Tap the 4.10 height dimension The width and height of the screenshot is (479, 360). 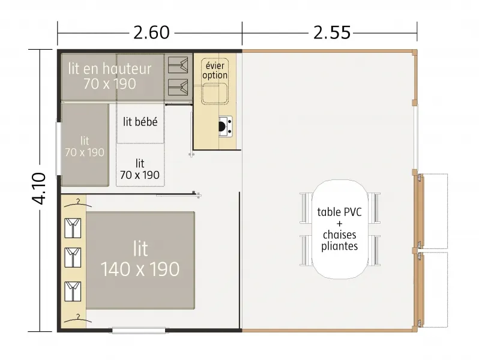pyautogui.click(x=37, y=188)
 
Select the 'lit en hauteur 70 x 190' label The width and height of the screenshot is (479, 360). pyautogui.click(x=109, y=76)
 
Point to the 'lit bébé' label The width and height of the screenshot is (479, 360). pyautogui.click(x=140, y=122)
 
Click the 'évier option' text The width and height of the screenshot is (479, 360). pyautogui.click(x=215, y=71)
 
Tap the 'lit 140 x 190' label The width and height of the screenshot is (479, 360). pyautogui.click(x=140, y=259)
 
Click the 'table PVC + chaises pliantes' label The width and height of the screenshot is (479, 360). pyautogui.click(x=340, y=229)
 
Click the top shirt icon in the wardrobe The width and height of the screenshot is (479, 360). pyautogui.click(x=72, y=227)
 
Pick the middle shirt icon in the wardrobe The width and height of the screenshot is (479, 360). pyautogui.click(x=72, y=257)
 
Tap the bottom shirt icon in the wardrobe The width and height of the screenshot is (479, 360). pyautogui.click(x=72, y=290)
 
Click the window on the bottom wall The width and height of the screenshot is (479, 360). pyautogui.click(x=139, y=330)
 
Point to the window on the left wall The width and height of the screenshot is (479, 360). pyautogui.click(x=58, y=149)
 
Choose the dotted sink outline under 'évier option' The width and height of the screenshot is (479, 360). pyautogui.click(x=214, y=93)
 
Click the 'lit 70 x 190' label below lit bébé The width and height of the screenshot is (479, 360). pyautogui.click(x=140, y=169)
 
